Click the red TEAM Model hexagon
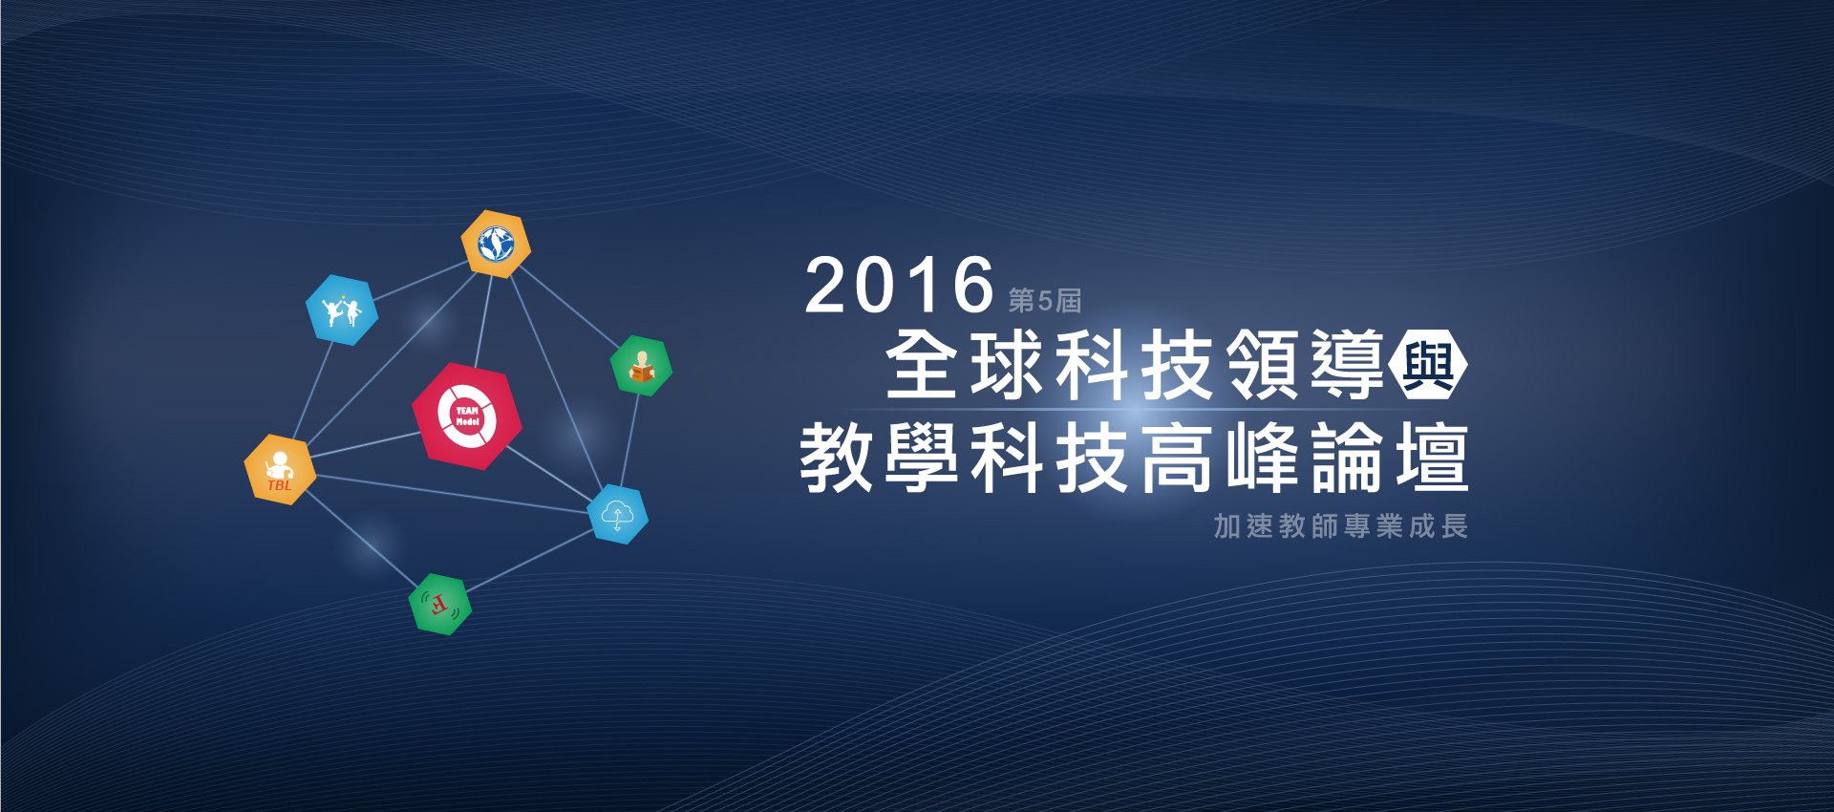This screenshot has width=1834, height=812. pyautogui.click(x=466, y=416)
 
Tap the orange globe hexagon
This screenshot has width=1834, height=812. pyautogui.click(x=496, y=245)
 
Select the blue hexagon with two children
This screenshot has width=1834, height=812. pyautogui.click(x=342, y=310)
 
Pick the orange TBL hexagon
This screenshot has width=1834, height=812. pyautogui.click(x=280, y=469)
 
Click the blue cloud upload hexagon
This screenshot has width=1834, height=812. pyautogui.click(x=617, y=514)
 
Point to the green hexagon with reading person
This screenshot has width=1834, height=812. pyautogui.click(x=641, y=366)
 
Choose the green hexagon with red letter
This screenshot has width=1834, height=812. pyautogui.click(x=439, y=604)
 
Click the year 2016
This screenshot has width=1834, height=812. pyautogui.click(x=900, y=285)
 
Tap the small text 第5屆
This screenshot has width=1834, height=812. pyautogui.click(x=1045, y=300)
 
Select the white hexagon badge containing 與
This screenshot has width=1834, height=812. pyautogui.click(x=1429, y=364)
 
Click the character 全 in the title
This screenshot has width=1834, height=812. pyautogui.click(x=922, y=364)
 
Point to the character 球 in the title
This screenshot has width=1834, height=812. pyautogui.click(x=1007, y=364)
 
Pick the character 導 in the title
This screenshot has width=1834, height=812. pyautogui.click(x=1348, y=364)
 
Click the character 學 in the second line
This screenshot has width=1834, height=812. pyautogui.click(x=922, y=458)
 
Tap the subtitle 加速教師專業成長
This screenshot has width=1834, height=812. pyautogui.click(x=1341, y=525)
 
